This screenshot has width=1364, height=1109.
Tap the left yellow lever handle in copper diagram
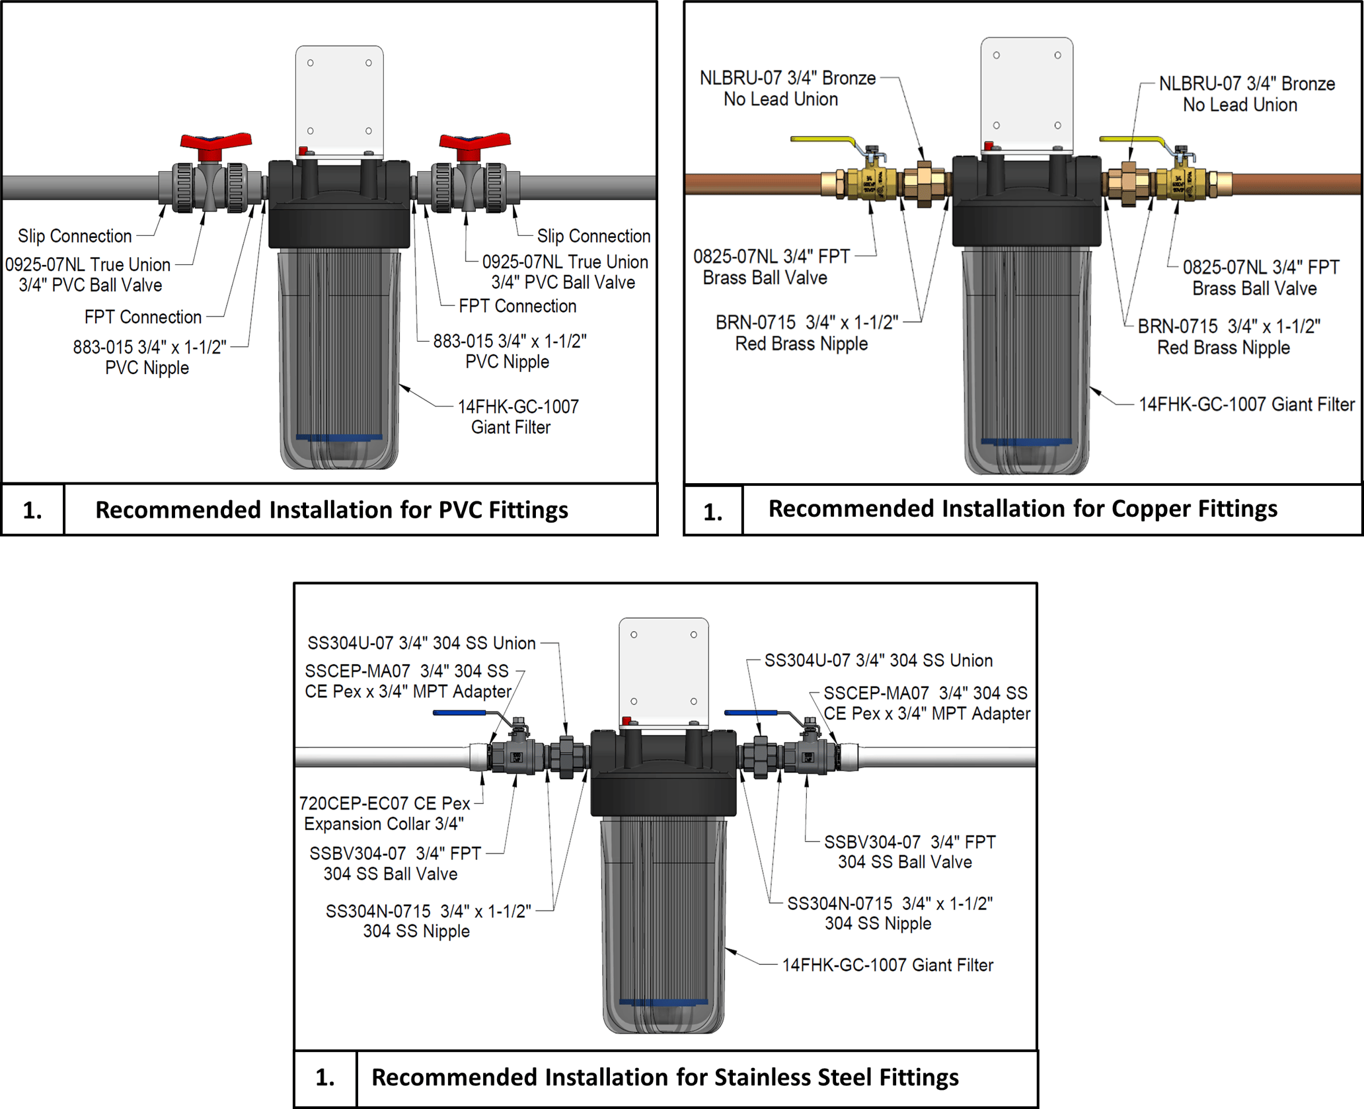(823, 140)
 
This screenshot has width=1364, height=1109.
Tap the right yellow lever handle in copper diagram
(1131, 139)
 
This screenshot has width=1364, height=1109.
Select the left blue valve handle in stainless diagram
(459, 713)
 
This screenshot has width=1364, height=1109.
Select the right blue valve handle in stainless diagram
(751, 713)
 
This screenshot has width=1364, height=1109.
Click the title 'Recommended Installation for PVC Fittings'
(331, 510)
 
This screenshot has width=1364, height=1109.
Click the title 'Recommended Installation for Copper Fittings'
(1022, 509)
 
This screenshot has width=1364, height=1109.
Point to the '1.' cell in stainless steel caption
(325, 1077)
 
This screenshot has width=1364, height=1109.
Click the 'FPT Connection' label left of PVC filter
(143, 317)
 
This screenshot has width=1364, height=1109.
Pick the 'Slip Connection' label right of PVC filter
(593, 236)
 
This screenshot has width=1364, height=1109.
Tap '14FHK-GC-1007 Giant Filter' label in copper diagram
(1246, 404)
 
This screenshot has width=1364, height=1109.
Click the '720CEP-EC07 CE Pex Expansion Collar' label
(384, 814)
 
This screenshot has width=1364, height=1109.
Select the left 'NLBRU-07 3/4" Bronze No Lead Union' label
(786, 89)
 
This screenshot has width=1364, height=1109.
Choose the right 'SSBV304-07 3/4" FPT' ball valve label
(909, 852)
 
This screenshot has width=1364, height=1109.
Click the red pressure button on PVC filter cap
(303, 151)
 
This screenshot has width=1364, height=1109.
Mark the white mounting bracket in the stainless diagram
(663, 668)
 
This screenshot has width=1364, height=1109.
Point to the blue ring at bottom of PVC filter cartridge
(338, 438)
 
